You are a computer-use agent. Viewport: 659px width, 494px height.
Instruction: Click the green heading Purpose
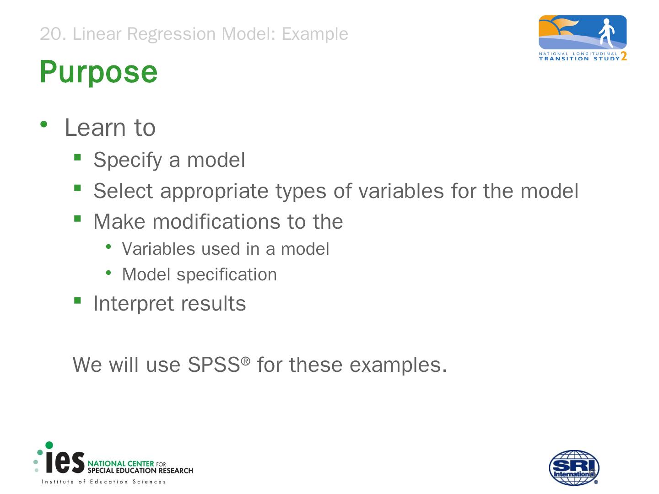coord(98,72)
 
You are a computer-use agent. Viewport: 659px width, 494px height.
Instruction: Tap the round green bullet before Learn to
coord(44,124)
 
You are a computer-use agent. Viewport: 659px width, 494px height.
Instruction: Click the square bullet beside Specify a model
coord(77,157)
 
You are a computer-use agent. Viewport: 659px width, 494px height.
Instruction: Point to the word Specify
coord(128,161)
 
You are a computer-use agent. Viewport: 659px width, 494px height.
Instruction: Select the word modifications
coord(216,222)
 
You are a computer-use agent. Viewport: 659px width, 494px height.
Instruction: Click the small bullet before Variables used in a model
coord(108,247)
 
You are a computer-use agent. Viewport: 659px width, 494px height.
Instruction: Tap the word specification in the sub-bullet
coord(227,275)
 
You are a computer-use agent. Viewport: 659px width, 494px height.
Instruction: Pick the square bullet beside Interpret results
coord(77,300)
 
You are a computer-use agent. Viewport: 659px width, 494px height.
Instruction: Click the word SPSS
coord(214,365)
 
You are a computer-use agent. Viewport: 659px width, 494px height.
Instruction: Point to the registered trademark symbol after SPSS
coord(245,361)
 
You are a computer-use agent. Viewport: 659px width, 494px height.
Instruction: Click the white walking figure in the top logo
coord(606,33)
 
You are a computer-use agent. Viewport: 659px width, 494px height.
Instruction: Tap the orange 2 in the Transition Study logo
coord(624,56)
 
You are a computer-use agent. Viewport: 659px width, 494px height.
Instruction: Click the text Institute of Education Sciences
coord(103,482)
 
